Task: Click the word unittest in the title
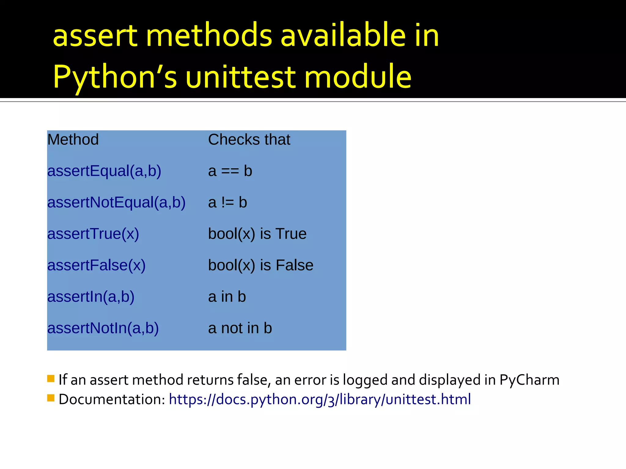(x=240, y=77)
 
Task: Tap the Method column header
(x=73, y=140)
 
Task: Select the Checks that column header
(x=249, y=140)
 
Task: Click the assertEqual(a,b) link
(x=104, y=171)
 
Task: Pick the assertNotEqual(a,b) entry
(x=116, y=202)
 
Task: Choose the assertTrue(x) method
(x=93, y=234)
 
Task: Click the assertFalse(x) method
(x=96, y=265)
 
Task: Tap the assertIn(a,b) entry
(x=91, y=297)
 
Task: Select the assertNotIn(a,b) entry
(x=103, y=328)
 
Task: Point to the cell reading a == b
(x=230, y=171)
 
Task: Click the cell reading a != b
(x=227, y=202)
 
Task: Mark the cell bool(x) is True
(x=257, y=234)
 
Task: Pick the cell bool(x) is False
(x=260, y=265)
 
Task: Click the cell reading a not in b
(x=240, y=328)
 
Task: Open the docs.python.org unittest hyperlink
(x=320, y=399)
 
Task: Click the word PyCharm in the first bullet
(x=529, y=380)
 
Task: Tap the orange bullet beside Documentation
(x=51, y=398)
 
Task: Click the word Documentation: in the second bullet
(x=112, y=399)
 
